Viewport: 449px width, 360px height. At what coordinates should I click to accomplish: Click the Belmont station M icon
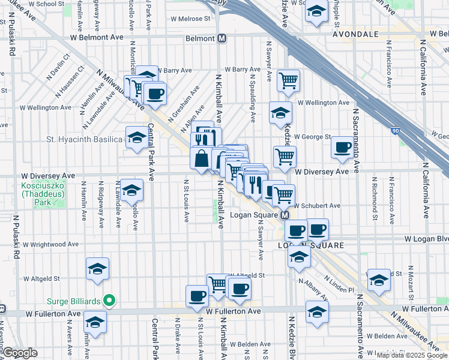pos(222,38)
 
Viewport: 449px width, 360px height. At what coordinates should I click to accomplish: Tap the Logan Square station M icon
pos(286,215)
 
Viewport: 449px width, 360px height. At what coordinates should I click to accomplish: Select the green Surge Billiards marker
pos(109,300)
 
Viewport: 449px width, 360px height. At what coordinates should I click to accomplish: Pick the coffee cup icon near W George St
pos(343,148)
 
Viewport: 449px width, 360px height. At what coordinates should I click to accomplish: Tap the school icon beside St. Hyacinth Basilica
pos(137,138)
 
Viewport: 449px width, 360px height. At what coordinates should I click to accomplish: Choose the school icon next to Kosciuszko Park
pos(131,191)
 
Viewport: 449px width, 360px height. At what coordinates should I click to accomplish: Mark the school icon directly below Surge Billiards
pos(95,322)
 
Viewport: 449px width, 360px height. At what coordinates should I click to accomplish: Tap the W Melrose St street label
pos(191,18)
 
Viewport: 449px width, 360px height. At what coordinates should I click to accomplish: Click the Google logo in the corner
pos(20,353)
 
